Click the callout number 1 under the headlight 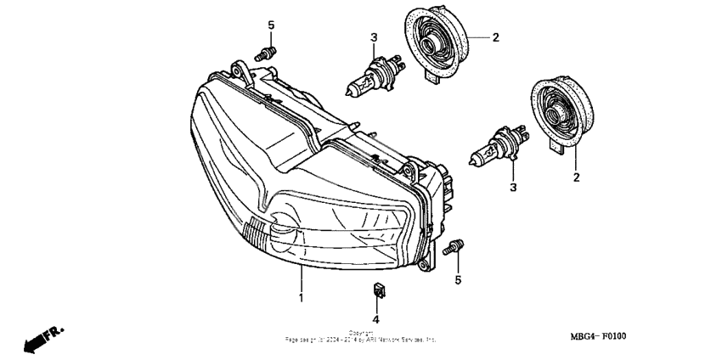tap(301, 298)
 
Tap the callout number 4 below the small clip tap(375, 319)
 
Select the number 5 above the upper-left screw tap(271, 25)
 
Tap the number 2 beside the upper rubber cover tap(495, 37)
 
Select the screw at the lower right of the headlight tap(454, 247)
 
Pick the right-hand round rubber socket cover tap(558, 112)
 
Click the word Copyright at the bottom tap(361, 333)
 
